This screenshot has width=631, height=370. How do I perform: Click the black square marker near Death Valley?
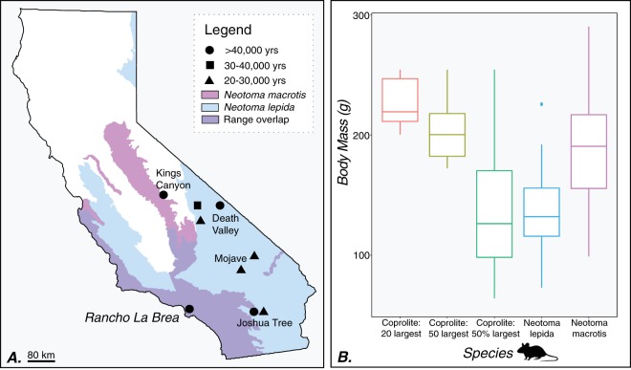(198, 206)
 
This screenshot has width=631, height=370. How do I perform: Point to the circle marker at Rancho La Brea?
(189, 308)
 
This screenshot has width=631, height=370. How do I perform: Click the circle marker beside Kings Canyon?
(164, 194)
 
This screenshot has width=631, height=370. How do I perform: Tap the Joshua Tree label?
(268, 323)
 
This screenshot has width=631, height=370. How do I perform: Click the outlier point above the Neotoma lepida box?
(541, 104)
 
